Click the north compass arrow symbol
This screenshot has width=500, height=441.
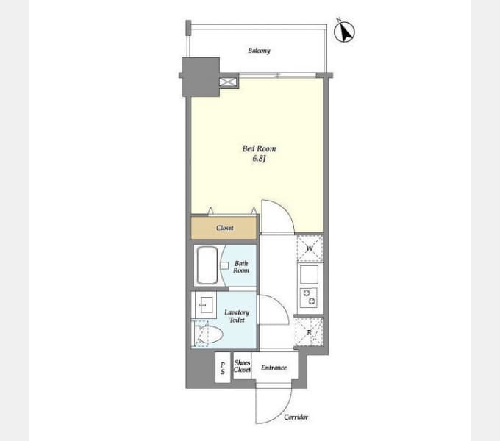click(344, 32)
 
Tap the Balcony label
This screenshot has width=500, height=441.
click(259, 51)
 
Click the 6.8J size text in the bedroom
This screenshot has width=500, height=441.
click(259, 158)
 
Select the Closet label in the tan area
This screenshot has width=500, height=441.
click(224, 228)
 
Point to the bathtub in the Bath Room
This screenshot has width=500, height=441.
click(207, 265)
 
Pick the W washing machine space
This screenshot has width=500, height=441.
click(310, 248)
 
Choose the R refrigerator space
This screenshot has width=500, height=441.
click(309, 332)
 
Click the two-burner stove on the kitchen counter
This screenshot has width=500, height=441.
click(309, 298)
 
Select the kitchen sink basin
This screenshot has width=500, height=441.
click(309, 274)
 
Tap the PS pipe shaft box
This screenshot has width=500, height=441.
click(223, 367)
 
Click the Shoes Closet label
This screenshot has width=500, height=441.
click(243, 366)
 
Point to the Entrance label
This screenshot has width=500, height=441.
click(274, 367)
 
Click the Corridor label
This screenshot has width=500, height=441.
click(296, 417)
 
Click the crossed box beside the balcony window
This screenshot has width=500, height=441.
click(228, 82)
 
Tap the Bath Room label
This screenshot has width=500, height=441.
click(241, 267)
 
